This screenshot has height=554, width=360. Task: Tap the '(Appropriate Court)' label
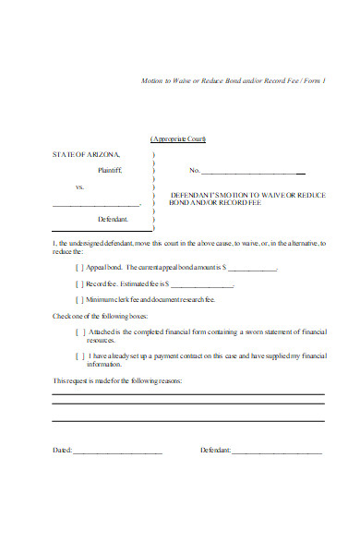[178, 138]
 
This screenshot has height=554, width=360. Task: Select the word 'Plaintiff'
[109, 171]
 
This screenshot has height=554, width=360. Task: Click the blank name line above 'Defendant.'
[97, 205]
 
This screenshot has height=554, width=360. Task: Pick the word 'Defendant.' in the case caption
[113, 220]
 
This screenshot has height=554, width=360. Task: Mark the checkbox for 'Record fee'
[78, 284]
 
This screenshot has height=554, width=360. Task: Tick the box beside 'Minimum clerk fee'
[78, 300]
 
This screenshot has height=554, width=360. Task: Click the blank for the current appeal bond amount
[251, 270]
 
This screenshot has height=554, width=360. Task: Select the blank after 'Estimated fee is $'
[202, 285]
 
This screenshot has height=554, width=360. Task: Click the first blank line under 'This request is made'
[188, 394]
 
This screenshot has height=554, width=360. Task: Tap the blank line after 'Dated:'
[117, 452]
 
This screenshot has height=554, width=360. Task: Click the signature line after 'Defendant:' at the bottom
[276, 452]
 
